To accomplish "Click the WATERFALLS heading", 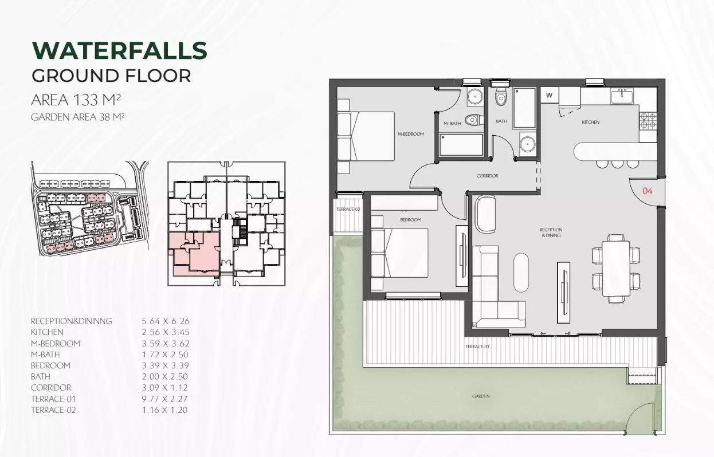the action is (120, 50).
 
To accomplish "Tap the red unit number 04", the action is (647, 191).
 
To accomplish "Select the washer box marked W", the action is (549, 95).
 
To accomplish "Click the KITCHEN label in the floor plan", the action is (590, 122).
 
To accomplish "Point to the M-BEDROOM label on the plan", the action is (411, 134).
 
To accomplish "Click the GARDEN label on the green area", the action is (481, 396).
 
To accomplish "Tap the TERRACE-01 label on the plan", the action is (477, 346).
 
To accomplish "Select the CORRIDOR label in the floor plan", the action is (487, 175).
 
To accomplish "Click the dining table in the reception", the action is (616, 269).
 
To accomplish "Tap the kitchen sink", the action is (622, 96).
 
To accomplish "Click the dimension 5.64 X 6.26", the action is (166, 321).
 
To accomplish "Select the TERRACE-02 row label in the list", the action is (53, 410).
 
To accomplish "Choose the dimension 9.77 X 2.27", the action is (164, 399).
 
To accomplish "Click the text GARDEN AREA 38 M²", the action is (77, 117).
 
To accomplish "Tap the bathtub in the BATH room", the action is (524, 108).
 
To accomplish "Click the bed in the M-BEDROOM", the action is (366, 136).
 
